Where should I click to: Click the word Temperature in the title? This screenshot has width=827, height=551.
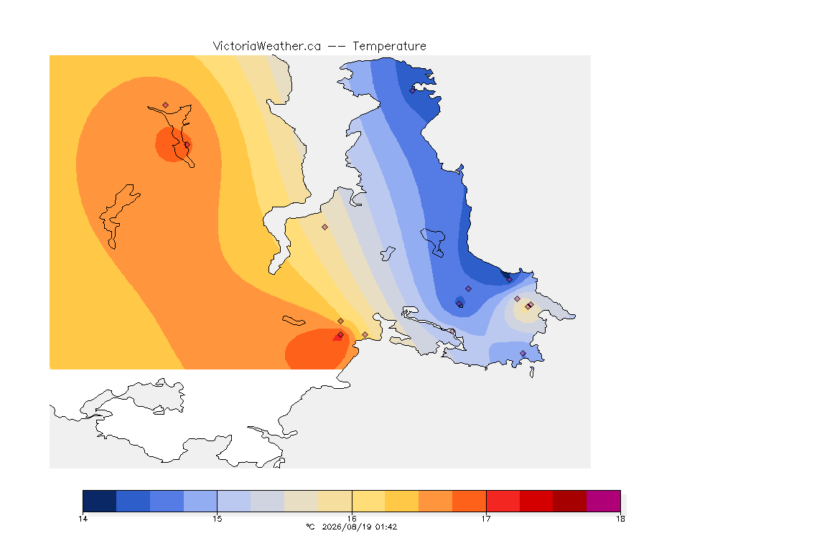(389, 47)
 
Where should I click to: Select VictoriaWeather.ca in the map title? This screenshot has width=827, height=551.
(267, 47)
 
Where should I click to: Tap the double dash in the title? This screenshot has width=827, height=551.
(337, 47)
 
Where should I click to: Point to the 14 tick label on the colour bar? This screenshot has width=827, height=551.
(83, 519)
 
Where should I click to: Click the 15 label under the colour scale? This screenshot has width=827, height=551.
(218, 519)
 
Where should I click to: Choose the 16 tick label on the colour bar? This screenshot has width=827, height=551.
(352, 519)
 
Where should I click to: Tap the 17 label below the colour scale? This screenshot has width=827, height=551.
(486, 519)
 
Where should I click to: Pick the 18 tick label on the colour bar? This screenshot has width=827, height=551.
(620, 519)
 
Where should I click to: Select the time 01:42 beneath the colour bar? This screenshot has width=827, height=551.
(386, 527)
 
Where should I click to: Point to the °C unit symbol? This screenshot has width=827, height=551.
(310, 527)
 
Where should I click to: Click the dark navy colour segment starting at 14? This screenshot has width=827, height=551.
(100, 501)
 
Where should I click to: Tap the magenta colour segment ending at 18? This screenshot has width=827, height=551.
(603, 501)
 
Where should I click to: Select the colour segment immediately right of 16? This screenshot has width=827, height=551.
(369, 501)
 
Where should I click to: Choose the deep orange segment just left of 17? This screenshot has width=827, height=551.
(469, 501)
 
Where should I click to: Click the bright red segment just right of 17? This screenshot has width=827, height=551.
(503, 501)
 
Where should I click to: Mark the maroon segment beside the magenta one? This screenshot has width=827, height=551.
(569, 501)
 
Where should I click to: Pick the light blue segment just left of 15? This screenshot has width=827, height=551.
(200, 501)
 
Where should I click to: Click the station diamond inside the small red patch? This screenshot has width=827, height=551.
(341, 335)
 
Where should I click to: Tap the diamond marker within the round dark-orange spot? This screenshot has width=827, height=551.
(187, 144)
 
